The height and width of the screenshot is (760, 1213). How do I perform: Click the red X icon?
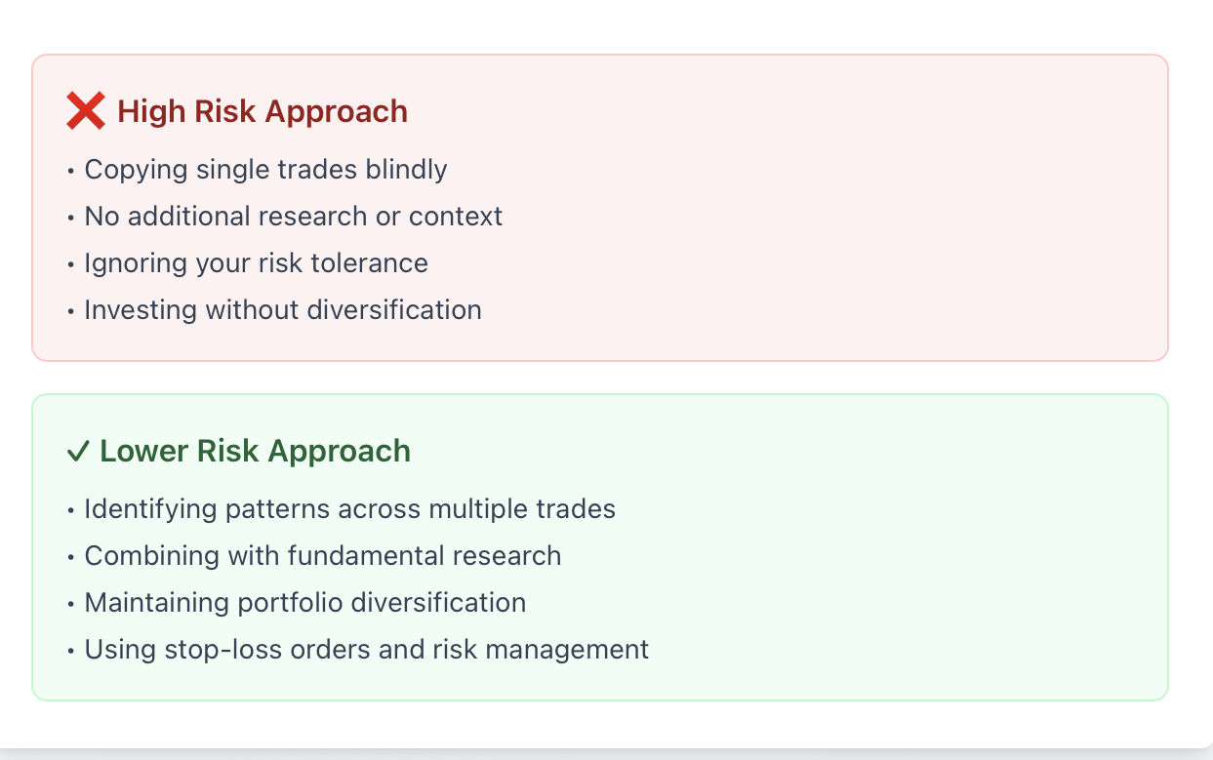pyautogui.click(x=86, y=111)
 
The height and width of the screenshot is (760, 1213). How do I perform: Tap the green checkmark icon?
pyautogui.click(x=78, y=452)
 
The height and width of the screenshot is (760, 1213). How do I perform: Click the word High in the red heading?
pyautogui.click(x=151, y=111)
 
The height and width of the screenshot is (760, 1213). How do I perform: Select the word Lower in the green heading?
pyautogui.click(x=144, y=451)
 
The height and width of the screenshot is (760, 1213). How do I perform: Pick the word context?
pyautogui.click(x=456, y=217)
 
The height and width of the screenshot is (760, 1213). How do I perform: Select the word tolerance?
pyautogui.click(x=369, y=263)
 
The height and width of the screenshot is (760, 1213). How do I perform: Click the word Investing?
pyautogui.click(x=141, y=310)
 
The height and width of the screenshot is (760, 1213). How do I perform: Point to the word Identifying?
pyautogui.click(x=150, y=509)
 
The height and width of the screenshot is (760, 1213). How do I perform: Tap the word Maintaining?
pyautogui.click(x=156, y=603)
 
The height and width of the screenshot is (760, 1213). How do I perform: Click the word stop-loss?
pyautogui.click(x=223, y=650)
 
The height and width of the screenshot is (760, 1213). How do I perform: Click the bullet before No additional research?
pyautogui.click(x=71, y=218)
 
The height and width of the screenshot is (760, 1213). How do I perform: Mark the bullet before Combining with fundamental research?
pyautogui.click(x=71, y=557)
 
